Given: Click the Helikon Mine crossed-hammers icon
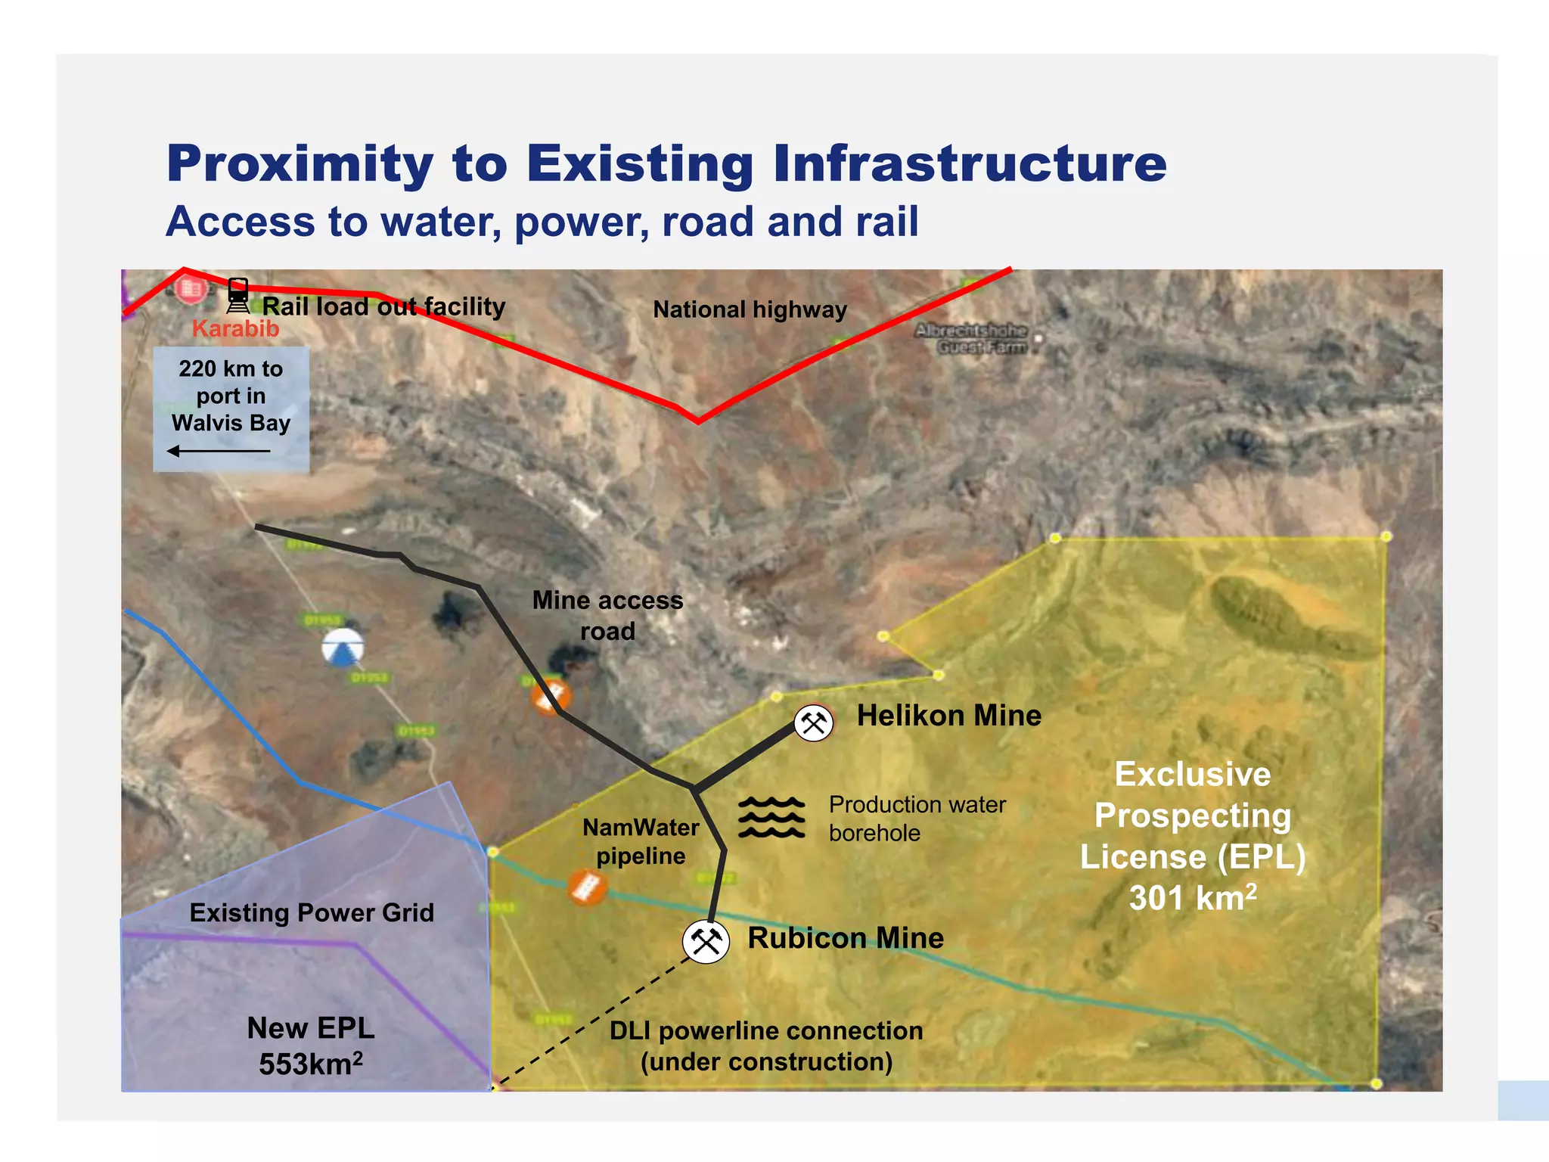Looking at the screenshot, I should point(814,723).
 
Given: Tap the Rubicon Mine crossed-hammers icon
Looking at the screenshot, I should point(706,941).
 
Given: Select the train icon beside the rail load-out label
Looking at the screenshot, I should point(237,296).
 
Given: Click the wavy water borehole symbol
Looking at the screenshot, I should point(771,817).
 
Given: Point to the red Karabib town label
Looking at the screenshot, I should point(235,329).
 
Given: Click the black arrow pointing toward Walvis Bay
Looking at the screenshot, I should point(218,452).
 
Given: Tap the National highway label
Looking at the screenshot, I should point(750,309).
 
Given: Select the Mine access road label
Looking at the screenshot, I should point(607,615).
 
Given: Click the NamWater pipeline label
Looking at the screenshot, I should point(641,841).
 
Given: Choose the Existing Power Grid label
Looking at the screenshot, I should point(312,912).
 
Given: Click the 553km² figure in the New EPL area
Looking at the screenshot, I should point(310,1064).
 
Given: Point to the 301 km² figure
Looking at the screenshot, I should point(1193,898).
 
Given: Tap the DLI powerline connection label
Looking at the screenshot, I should point(766,1045).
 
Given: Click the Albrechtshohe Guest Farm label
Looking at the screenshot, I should point(972,339).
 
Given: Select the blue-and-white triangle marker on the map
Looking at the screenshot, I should point(342,648).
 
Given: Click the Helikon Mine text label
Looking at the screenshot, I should point(948,716).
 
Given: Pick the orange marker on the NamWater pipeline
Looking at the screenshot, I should point(587,887).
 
